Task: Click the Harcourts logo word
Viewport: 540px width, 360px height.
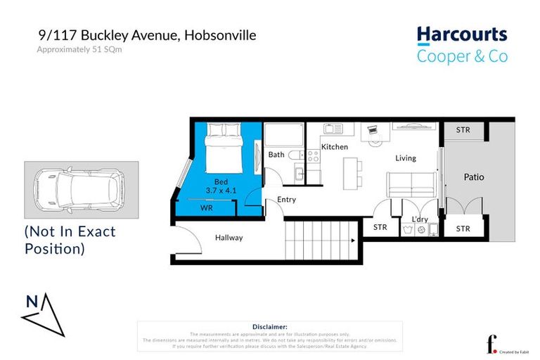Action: point(461,34)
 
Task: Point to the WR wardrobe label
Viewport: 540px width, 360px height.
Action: point(207,209)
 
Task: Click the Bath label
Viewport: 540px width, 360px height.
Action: point(276,155)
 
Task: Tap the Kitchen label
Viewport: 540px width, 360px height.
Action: point(335,147)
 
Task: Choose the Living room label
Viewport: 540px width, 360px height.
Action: point(406,158)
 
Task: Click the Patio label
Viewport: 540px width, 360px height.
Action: point(474,177)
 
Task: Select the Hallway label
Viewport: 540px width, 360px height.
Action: point(229,238)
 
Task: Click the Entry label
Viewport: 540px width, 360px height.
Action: point(286,200)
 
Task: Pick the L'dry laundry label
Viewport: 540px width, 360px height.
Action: point(420,219)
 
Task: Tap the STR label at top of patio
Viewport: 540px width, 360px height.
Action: point(463,130)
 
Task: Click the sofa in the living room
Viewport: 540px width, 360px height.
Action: point(411,185)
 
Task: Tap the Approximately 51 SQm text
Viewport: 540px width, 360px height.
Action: point(75,49)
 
